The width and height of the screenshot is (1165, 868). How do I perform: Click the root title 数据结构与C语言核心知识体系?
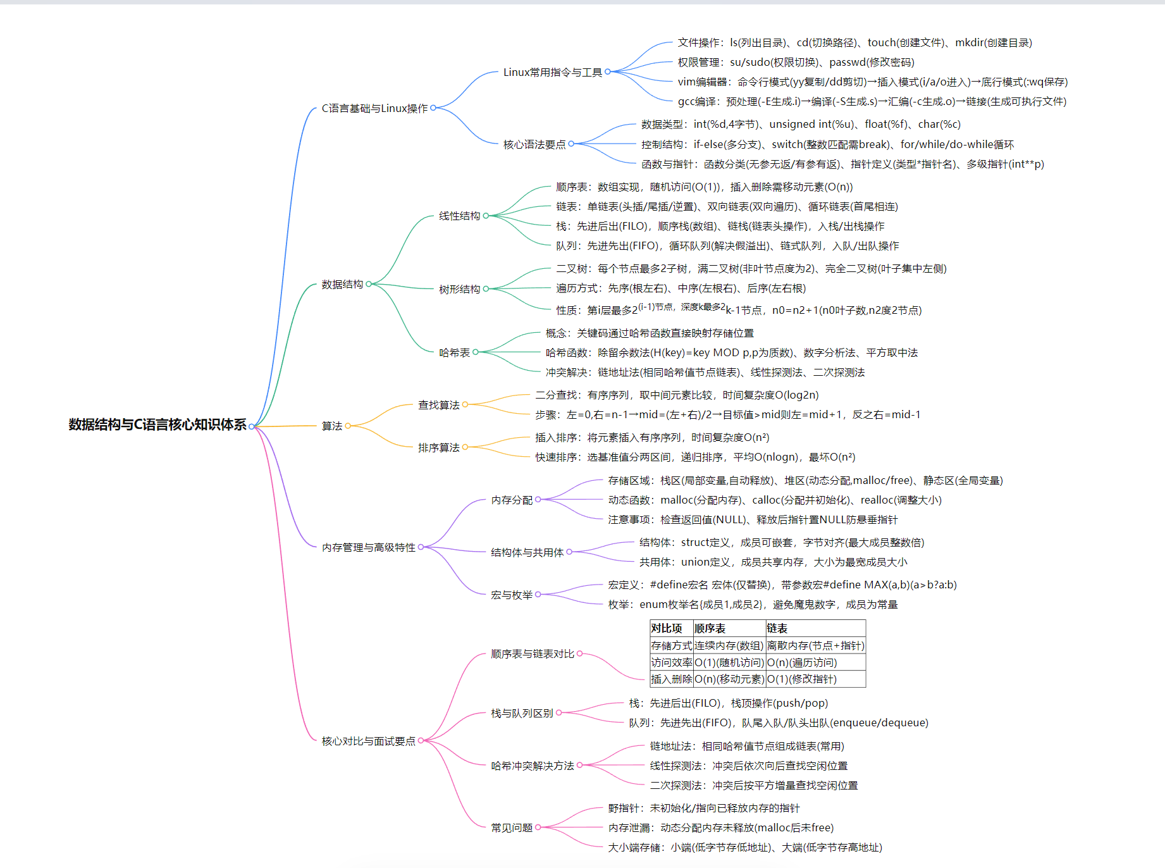(157, 425)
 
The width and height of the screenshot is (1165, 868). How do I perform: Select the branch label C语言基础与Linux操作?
(374, 108)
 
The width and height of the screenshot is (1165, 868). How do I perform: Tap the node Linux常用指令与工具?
(552, 72)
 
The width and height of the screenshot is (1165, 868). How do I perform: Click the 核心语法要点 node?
(534, 144)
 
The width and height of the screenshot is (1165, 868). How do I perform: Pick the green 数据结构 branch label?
(342, 284)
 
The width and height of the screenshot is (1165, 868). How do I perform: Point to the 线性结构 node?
(459, 216)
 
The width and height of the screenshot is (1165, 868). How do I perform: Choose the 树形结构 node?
(459, 289)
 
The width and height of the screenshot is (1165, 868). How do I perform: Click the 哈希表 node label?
(454, 352)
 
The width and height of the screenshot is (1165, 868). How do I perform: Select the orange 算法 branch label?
(331, 426)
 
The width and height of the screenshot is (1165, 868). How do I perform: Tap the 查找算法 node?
(438, 405)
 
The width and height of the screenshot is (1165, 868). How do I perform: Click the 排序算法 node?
(438, 447)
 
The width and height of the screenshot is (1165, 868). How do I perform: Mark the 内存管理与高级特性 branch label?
(368, 547)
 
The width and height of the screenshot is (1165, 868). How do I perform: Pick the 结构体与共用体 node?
(527, 552)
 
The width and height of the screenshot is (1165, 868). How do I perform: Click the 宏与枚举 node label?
(511, 595)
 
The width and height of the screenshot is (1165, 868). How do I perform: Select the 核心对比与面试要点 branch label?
(368, 741)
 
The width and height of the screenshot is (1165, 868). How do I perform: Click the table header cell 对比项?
(667, 628)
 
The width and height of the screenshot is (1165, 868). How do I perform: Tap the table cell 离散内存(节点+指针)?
(815, 645)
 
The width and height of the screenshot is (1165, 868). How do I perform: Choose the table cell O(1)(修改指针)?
(801, 679)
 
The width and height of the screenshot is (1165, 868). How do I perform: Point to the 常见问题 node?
(511, 828)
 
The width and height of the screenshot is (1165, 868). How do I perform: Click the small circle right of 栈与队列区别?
(559, 713)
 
